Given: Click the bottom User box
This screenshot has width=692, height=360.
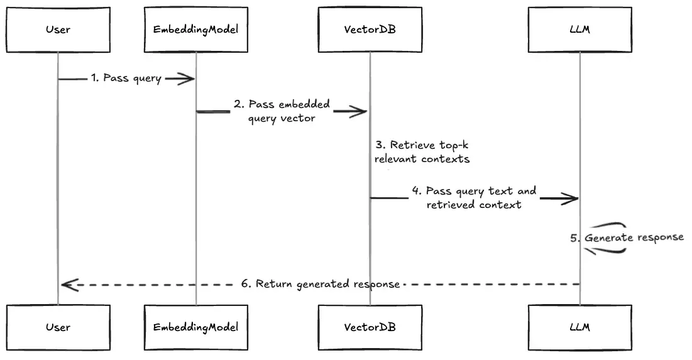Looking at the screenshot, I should pyautogui.click(x=58, y=327).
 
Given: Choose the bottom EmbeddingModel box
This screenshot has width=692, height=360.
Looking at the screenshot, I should pyautogui.click(x=195, y=327).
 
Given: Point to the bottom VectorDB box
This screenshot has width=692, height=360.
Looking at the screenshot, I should pyautogui.click(x=370, y=327).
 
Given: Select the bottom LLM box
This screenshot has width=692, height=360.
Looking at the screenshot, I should pyautogui.click(x=579, y=327).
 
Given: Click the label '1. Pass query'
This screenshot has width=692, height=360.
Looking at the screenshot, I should pyautogui.click(x=126, y=79).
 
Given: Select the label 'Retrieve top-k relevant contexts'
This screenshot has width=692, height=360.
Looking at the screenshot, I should pyautogui.click(x=422, y=152).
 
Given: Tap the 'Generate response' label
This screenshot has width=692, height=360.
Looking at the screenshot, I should pyautogui.click(x=634, y=238).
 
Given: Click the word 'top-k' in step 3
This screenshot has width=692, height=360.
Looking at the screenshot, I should pyautogui.click(x=447, y=146).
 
